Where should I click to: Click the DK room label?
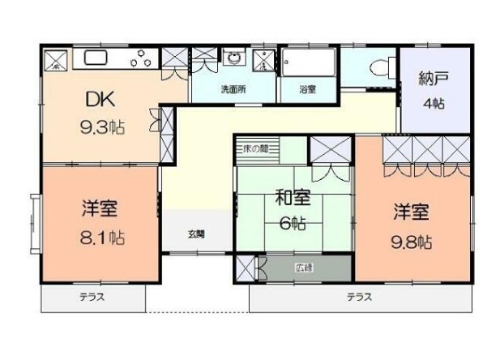pyautogui.click(x=104, y=100)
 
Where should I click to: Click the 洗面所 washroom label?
pyautogui.click(x=233, y=89)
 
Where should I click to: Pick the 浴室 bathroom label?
pyautogui.click(x=307, y=89)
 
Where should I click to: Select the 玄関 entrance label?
pyautogui.click(x=196, y=234)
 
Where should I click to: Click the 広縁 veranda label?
pyautogui.click(x=304, y=265)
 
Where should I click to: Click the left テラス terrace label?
pyautogui.click(x=92, y=298)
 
